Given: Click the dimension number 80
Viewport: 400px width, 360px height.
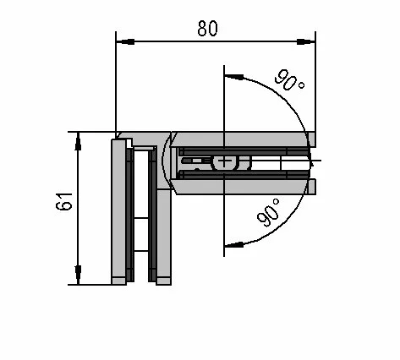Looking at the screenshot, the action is (208, 28).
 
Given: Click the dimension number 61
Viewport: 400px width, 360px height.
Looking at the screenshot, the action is (64, 202).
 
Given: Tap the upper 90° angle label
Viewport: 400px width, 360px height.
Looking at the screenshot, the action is (289, 80).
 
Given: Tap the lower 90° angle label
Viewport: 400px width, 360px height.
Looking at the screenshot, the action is (268, 212).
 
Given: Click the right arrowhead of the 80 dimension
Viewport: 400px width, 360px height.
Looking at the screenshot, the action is (306, 41).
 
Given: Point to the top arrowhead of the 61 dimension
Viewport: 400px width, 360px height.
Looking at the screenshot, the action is (78, 141).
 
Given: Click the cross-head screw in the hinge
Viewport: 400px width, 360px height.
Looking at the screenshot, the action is (224, 162).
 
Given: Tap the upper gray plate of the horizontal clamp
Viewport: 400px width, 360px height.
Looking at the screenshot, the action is (239, 139).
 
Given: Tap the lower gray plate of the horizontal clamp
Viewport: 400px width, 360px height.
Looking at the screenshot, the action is (239, 187).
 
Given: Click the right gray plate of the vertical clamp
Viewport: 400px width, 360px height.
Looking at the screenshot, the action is (163, 233).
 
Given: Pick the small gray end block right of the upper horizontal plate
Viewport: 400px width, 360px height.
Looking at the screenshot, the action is (312, 139).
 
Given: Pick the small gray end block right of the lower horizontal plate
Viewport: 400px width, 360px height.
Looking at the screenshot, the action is (312, 187).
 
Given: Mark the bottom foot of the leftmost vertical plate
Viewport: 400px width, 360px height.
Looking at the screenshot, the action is (118, 281).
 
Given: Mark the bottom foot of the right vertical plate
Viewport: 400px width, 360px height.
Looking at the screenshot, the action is (163, 281).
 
